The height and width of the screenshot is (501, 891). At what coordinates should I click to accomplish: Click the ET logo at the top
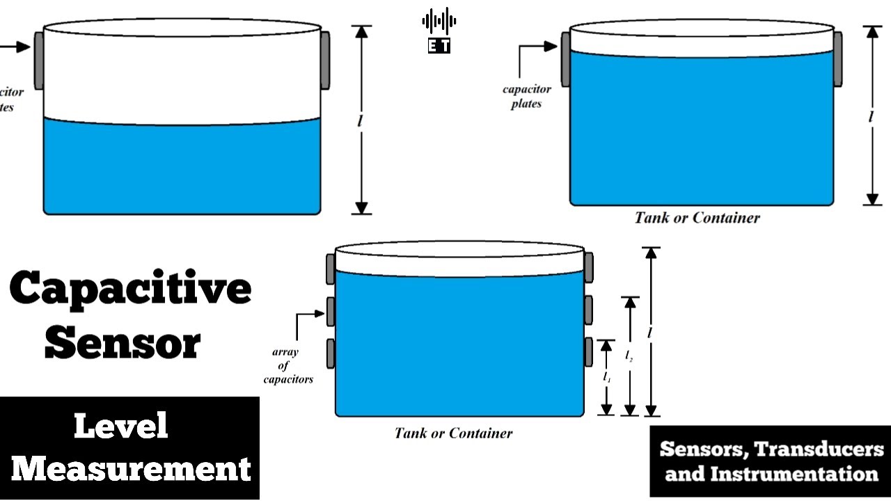pos(439,31)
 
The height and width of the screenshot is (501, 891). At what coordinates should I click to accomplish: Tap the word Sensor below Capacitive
pos(123,342)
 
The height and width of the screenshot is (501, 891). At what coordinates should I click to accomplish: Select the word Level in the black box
pos(121,425)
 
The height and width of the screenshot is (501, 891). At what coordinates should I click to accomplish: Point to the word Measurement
pos(131,468)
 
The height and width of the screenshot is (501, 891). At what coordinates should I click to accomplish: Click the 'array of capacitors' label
pos(287,365)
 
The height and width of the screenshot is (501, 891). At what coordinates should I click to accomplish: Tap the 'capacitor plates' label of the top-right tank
pos(527,96)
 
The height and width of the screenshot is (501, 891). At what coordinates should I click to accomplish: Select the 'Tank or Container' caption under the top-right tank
pos(697,218)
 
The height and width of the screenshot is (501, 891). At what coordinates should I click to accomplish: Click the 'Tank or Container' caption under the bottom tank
pos(453,433)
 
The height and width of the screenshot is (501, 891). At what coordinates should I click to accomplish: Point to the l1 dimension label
pos(607,377)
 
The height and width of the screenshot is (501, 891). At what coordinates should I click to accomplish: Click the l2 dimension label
pos(629,356)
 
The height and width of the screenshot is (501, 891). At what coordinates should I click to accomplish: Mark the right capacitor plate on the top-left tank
pos(325,60)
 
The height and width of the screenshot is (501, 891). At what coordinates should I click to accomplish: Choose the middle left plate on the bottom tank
pos(331,311)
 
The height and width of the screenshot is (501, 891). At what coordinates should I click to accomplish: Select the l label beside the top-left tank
pos(360,120)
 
